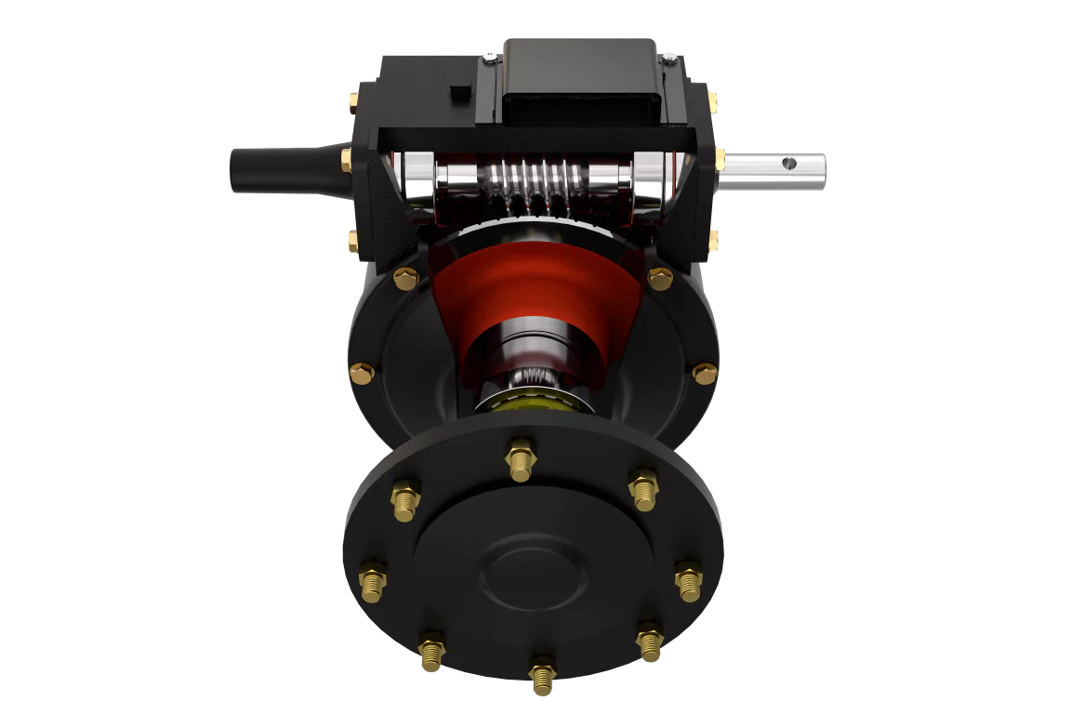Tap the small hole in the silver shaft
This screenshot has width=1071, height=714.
[x=788, y=165]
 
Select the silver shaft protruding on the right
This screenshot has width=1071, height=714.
[x=772, y=170]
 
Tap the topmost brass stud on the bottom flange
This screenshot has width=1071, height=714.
[x=521, y=460]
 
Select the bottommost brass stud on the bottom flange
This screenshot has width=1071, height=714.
[x=541, y=674]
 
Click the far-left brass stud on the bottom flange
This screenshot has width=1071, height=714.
[x=373, y=580]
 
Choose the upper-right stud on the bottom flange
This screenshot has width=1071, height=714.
[x=643, y=488]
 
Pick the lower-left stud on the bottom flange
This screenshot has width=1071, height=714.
[x=431, y=650]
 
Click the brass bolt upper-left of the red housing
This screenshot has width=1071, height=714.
[x=405, y=278]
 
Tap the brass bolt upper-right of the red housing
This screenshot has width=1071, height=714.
[x=659, y=277]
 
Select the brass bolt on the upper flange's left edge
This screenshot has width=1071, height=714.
[x=362, y=374]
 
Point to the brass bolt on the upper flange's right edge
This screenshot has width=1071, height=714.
[x=705, y=373]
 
